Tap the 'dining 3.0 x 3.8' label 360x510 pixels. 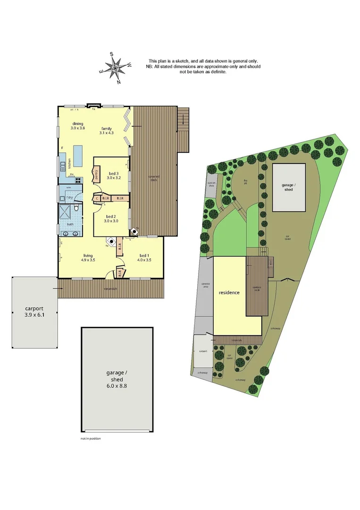click(78, 126)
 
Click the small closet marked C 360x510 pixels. click(97, 198)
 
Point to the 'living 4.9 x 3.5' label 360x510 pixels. click(88, 257)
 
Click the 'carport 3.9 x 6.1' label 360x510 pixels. click(34, 314)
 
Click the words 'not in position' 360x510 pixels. click(91, 439)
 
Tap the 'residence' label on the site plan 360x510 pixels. click(229, 293)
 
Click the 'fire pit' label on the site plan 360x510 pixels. click(246, 182)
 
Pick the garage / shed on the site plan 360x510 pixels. click(289, 187)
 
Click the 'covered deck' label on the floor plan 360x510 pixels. click(154, 178)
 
